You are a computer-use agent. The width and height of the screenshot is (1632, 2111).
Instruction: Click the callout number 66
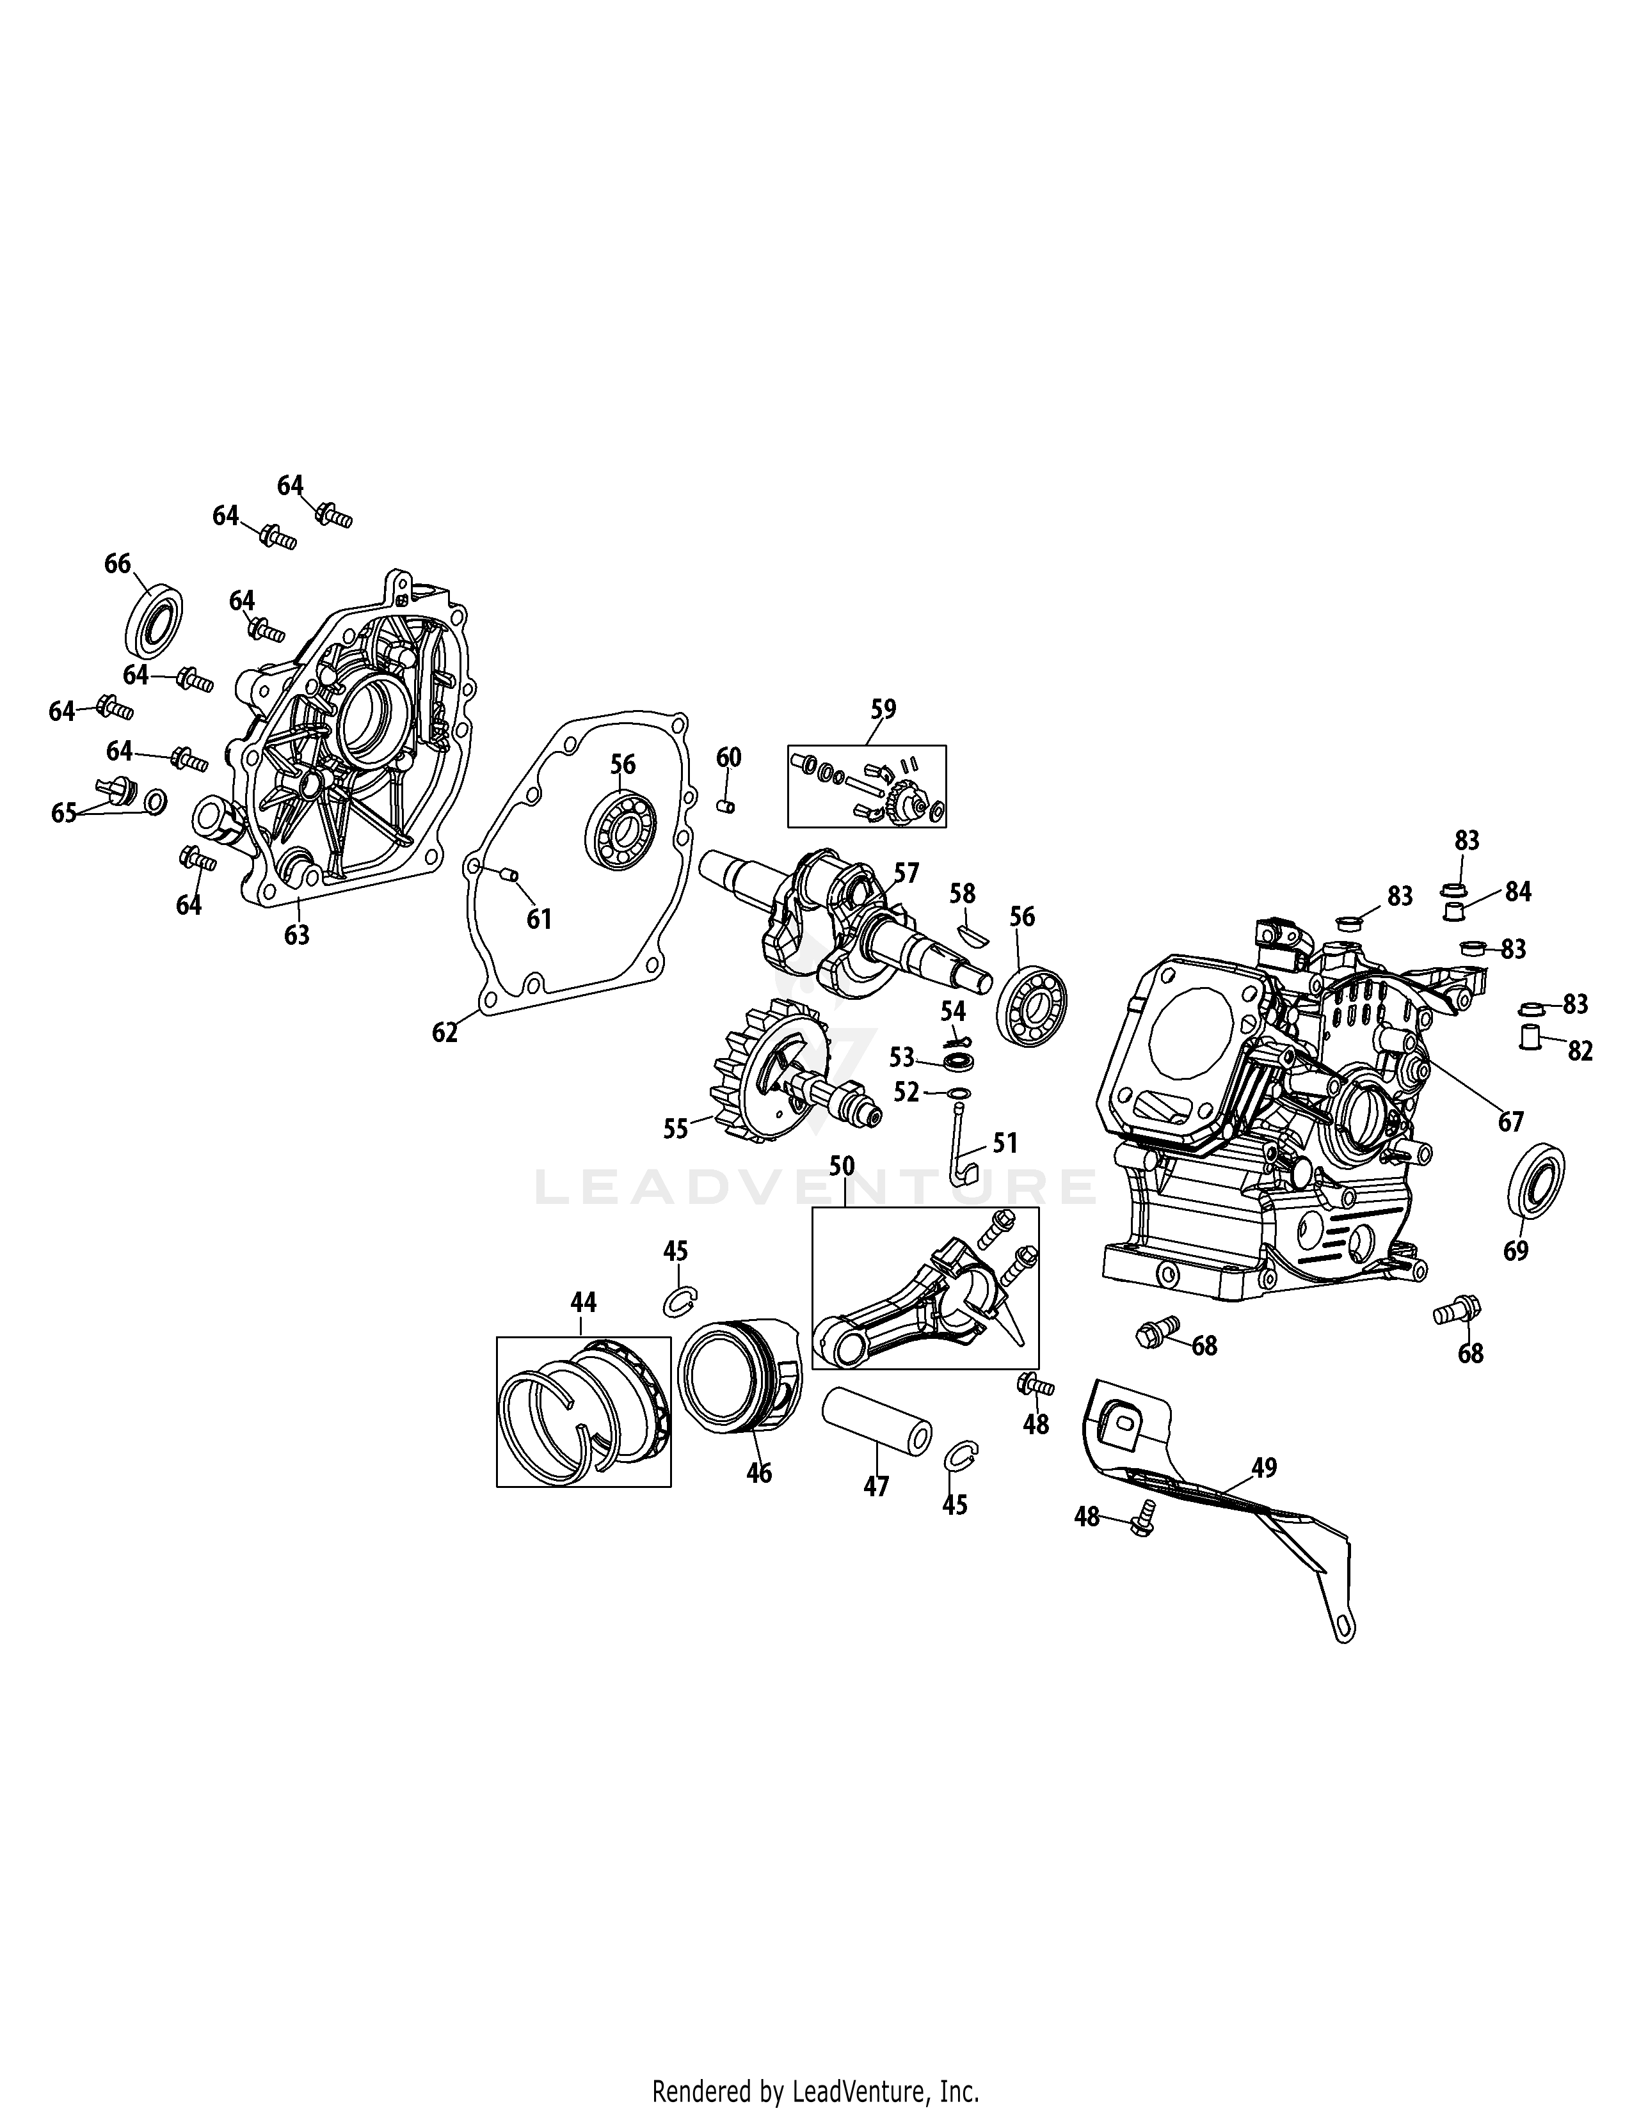click(x=117, y=564)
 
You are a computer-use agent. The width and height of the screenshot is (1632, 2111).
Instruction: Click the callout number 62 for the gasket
click(x=445, y=1032)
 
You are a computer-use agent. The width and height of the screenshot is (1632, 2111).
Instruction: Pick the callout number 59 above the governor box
click(x=883, y=709)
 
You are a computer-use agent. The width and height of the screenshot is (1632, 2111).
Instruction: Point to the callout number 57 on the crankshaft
click(x=906, y=873)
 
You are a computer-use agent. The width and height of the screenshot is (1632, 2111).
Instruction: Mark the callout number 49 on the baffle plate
click(x=1263, y=1467)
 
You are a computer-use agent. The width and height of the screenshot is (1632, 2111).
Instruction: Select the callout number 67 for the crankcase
click(x=1510, y=1121)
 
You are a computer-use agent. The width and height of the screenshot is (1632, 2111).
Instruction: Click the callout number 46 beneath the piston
click(x=760, y=1473)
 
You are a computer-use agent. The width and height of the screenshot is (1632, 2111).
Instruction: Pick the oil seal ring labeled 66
click(x=155, y=618)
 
